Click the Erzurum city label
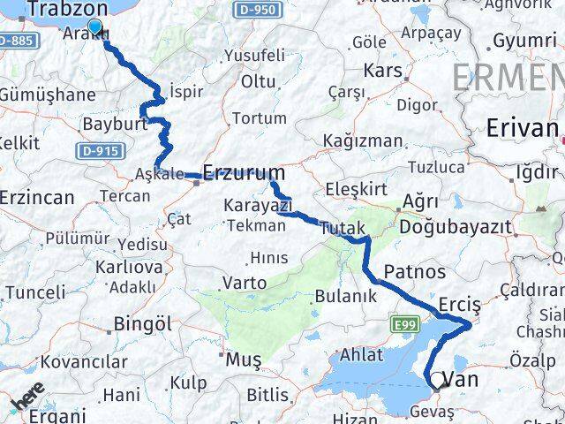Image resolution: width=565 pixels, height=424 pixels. point(244,171)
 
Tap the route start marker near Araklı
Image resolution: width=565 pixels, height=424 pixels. point(94,27)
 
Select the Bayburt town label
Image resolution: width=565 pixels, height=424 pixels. point(113,124)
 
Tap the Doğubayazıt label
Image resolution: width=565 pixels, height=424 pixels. point(455,227)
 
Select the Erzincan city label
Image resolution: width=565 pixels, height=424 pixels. point(37,197)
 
